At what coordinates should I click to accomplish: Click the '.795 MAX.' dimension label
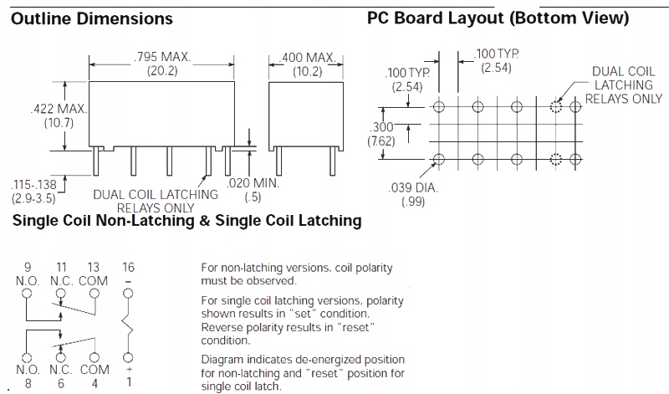[x=162, y=57]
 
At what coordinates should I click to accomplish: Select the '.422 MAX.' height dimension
[x=59, y=109]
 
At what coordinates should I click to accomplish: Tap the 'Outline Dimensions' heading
[x=91, y=18]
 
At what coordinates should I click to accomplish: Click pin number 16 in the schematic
[x=127, y=267]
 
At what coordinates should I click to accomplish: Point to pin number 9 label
[x=28, y=267]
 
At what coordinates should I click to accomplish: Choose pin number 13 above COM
[x=93, y=267]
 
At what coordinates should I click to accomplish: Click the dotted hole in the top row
[x=554, y=106]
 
